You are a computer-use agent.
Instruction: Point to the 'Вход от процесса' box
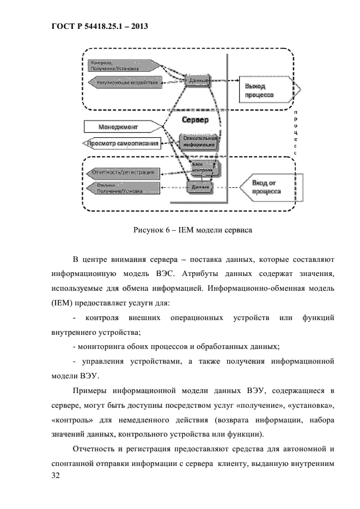(x=270, y=187)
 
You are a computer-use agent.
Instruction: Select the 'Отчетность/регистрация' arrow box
(x=123, y=173)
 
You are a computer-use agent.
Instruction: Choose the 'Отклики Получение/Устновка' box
(x=123, y=188)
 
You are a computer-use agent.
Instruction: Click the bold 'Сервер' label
(x=194, y=119)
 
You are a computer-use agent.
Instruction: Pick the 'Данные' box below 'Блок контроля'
(x=201, y=187)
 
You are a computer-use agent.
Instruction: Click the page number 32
(x=54, y=476)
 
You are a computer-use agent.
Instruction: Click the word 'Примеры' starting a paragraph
(x=89, y=390)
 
